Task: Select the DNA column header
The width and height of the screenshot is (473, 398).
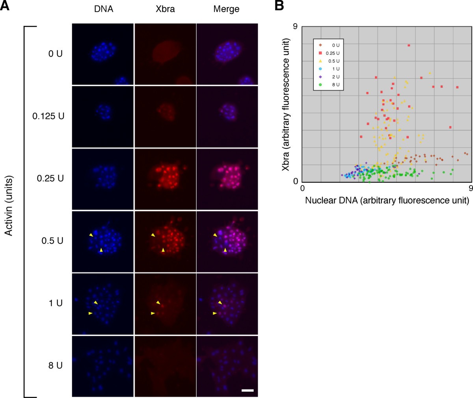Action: (103, 9)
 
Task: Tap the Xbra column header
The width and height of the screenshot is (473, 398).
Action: (165, 9)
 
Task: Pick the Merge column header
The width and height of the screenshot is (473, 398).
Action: (226, 9)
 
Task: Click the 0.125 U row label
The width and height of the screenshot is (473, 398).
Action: (48, 116)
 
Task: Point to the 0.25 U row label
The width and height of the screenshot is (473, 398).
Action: (50, 178)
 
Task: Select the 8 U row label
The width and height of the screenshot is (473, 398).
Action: (55, 365)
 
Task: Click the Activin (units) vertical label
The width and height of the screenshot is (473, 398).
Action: (9, 205)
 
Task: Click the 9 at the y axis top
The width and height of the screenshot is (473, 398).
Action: (294, 27)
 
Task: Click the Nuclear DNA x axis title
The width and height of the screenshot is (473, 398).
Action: (387, 201)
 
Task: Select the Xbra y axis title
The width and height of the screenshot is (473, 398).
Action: (287, 105)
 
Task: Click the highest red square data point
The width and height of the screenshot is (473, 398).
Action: (409, 45)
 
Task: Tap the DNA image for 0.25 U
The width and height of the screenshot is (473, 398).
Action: (103, 179)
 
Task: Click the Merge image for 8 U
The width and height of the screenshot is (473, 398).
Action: (227, 366)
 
